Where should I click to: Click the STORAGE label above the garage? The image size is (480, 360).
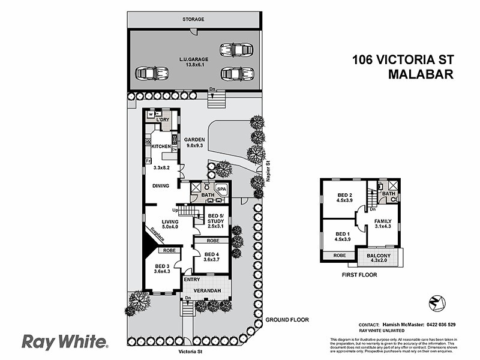pyautogui.click(x=193, y=19)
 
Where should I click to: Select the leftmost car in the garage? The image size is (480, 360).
pyautogui.click(x=151, y=73)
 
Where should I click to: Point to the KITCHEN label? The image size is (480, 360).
pyautogui.click(x=161, y=146)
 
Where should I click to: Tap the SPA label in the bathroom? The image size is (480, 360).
pyautogui.click(x=221, y=189)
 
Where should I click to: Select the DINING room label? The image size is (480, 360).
pyautogui.click(x=160, y=186)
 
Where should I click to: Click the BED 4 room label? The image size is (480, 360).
pyautogui.click(x=211, y=256)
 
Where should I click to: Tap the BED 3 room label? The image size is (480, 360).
pyautogui.click(x=163, y=269)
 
